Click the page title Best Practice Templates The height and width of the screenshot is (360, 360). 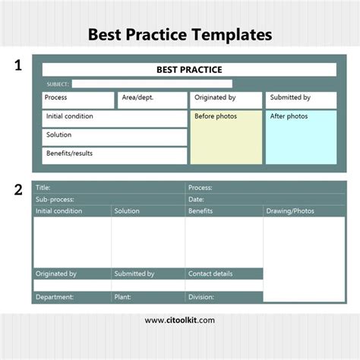(179, 34)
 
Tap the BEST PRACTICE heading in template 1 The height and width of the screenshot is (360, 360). (189, 69)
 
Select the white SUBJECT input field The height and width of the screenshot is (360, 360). (151, 84)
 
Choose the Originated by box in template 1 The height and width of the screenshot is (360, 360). (226, 99)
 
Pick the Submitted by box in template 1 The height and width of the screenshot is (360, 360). (301, 99)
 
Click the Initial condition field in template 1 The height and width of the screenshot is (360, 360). (114, 118)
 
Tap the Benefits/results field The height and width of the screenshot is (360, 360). (114, 155)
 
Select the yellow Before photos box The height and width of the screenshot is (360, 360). (226, 137)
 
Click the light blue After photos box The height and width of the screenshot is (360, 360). (301, 137)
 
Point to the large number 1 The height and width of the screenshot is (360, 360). (18, 67)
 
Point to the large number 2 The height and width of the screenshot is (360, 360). (18, 190)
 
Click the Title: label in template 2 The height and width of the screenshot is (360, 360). (43, 188)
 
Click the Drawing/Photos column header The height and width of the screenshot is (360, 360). (290, 210)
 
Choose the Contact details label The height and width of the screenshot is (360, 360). (210, 273)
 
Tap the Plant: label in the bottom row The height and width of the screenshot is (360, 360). (122, 297)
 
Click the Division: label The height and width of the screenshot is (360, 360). (201, 297)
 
